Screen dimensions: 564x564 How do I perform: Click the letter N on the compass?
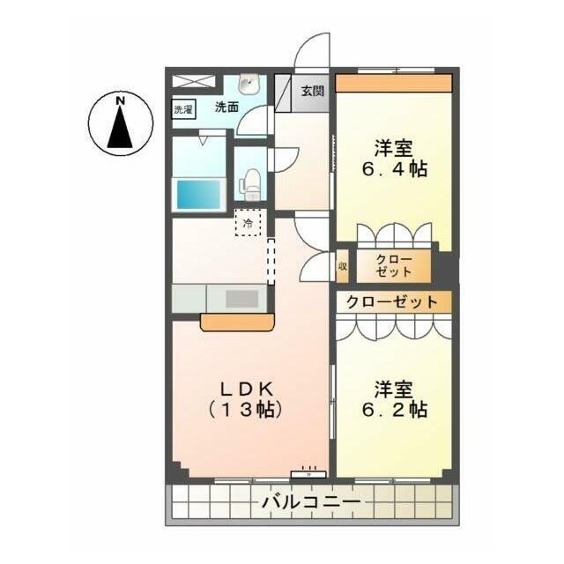(x=121, y=101)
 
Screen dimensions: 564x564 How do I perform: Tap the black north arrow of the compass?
(x=121, y=128)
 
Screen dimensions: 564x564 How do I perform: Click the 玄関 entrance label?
(x=313, y=91)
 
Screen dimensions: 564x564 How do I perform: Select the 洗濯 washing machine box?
(x=183, y=109)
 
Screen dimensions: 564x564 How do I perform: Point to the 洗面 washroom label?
(x=226, y=107)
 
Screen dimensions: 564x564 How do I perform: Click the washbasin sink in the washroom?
(x=248, y=84)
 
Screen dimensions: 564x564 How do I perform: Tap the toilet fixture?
(x=250, y=184)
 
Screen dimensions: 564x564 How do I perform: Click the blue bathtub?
(x=198, y=194)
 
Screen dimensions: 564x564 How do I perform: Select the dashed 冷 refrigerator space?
(x=249, y=223)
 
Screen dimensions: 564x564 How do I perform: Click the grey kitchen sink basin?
(x=241, y=299)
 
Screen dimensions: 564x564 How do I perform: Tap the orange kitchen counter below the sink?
(x=237, y=322)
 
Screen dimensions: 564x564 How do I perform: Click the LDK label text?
(x=247, y=389)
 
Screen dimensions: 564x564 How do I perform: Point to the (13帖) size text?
(x=245, y=409)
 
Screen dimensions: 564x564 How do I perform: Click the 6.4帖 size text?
(x=394, y=168)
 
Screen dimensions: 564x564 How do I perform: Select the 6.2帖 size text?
(x=395, y=410)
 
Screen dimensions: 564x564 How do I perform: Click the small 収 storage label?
(x=342, y=266)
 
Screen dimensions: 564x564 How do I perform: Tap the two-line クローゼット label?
(x=394, y=266)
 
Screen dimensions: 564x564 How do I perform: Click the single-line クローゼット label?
(x=391, y=302)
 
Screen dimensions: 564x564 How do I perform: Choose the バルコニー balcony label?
(x=311, y=501)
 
